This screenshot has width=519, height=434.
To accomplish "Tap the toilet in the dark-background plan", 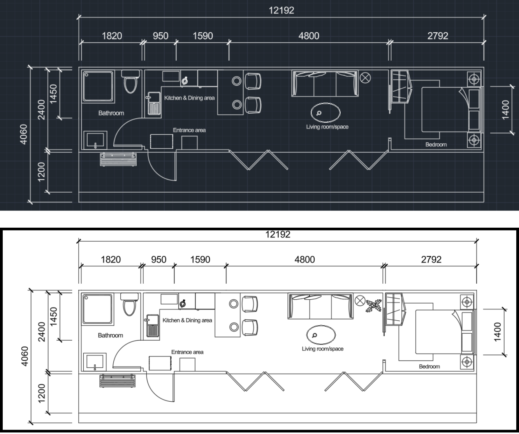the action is tap(130, 81).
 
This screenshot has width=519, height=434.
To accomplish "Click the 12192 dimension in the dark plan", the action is tap(281, 11).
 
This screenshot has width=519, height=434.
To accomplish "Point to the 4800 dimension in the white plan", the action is tap(304, 260).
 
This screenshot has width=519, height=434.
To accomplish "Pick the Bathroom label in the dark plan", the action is tap(111, 113).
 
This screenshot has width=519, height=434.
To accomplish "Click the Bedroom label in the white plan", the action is tap(429, 366).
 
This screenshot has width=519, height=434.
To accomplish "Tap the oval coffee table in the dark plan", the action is tap(325, 112).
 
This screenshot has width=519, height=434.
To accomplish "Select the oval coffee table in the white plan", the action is tap(321, 335).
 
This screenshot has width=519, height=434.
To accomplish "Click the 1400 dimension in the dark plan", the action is tap(505, 110).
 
